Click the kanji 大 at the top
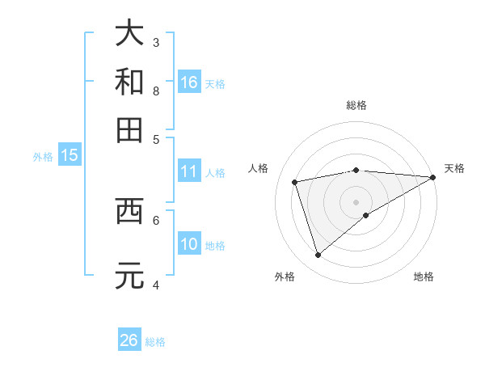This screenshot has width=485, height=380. (x=129, y=33)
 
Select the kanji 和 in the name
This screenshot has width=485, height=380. (x=129, y=82)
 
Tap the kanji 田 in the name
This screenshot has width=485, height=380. (x=129, y=130)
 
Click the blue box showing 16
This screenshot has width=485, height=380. (x=189, y=82)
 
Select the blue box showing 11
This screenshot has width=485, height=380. (x=189, y=171)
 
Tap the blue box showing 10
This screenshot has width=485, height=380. (x=189, y=244)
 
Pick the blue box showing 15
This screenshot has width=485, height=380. (x=70, y=156)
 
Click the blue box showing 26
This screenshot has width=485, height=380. (x=129, y=340)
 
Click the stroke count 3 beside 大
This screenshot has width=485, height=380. (x=156, y=41)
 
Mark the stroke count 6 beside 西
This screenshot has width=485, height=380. (x=156, y=219)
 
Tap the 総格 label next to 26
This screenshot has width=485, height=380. (x=155, y=342)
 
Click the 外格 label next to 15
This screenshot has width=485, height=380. (x=42, y=157)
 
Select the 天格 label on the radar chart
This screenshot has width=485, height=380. (x=454, y=168)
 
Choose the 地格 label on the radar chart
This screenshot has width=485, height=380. (x=424, y=277)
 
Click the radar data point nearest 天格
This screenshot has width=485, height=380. (x=434, y=177)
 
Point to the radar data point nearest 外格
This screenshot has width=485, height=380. (x=318, y=255)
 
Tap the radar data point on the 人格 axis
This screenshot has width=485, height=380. (x=296, y=182)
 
